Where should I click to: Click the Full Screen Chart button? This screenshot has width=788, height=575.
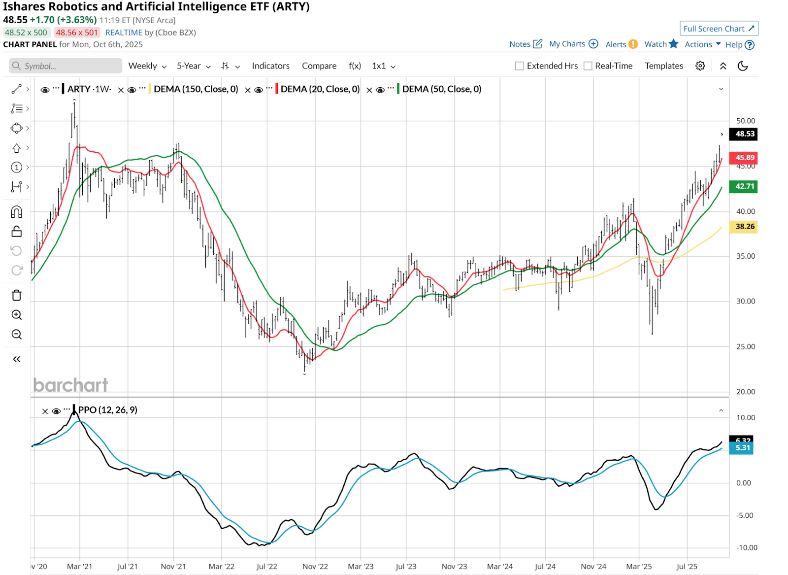pyautogui.click(x=719, y=29)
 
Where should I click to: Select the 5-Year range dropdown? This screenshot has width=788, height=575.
pyautogui.click(x=194, y=66)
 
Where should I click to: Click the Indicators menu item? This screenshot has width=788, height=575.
pyautogui.click(x=270, y=66)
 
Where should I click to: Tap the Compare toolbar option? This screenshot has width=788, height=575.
pyautogui.click(x=319, y=66)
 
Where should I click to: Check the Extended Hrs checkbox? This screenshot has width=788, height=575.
pyautogui.click(x=520, y=66)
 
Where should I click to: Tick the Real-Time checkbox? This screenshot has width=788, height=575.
pyautogui.click(x=588, y=66)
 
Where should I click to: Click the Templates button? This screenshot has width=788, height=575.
pyautogui.click(x=663, y=66)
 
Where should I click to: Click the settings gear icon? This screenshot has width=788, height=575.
pyautogui.click(x=700, y=66)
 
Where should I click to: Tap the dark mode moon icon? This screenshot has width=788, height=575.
pyautogui.click(x=743, y=66)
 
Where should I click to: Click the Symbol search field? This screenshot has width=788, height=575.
pyautogui.click(x=66, y=66)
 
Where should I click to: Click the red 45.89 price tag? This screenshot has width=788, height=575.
pyautogui.click(x=744, y=158)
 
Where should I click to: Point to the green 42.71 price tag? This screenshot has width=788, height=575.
pyautogui.click(x=744, y=186)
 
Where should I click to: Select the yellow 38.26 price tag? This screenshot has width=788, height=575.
pyautogui.click(x=744, y=227)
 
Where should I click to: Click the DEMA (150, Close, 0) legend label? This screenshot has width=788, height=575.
pyautogui.click(x=196, y=89)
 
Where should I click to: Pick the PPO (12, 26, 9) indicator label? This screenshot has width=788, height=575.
pyautogui.click(x=107, y=410)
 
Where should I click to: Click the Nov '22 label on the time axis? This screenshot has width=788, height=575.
pyautogui.click(x=315, y=567)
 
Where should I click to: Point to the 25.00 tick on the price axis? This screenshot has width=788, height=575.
pyautogui.click(x=745, y=346)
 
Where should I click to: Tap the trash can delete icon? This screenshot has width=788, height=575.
pyautogui.click(x=17, y=295)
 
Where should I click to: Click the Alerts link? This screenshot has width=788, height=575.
pyautogui.click(x=616, y=44)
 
